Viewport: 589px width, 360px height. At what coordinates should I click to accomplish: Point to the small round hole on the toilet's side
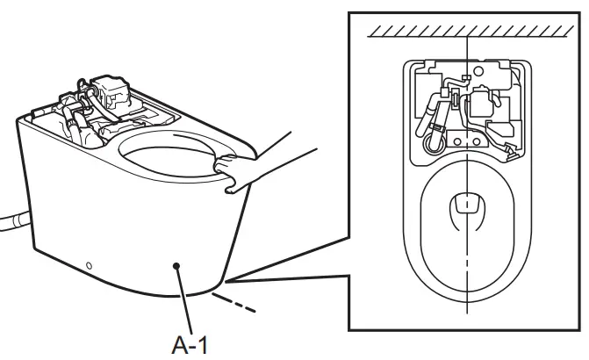[x=88, y=265]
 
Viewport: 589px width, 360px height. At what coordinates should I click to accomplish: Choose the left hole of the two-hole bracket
[x=457, y=141]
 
